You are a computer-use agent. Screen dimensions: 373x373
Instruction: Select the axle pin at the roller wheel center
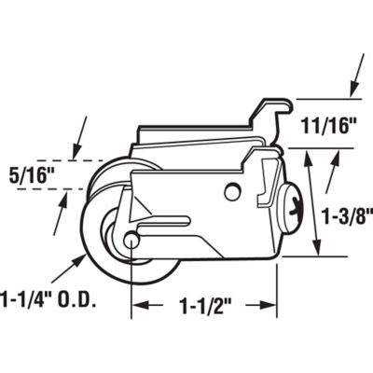(131, 240)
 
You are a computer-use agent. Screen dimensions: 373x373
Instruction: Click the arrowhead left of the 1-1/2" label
(136, 305)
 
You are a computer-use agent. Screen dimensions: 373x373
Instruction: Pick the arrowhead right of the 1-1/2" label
(273, 305)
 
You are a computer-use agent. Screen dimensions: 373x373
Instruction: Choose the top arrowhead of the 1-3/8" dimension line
(317, 153)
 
